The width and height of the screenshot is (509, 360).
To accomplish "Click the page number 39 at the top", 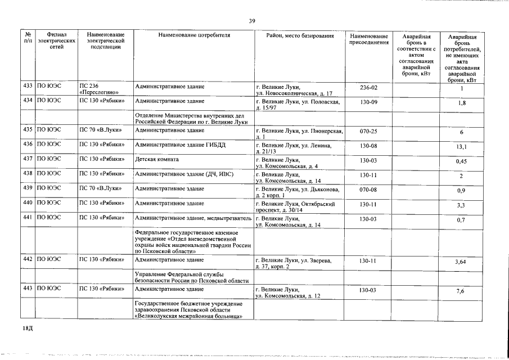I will click(x=252, y=21).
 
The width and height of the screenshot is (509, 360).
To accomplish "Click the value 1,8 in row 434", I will click(x=462, y=103).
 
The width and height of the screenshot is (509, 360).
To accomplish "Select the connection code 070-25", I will click(x=368, y=130).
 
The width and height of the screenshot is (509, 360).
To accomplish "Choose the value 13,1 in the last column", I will click(x=462, y=147).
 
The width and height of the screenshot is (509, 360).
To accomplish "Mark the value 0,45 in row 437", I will click(x=462, y=162).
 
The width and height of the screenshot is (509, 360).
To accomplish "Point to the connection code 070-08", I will click(x=368, y=189).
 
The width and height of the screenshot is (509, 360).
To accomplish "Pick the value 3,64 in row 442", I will click(x=462, y=262).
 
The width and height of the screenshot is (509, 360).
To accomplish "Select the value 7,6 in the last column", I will click(x=462, y=291).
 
